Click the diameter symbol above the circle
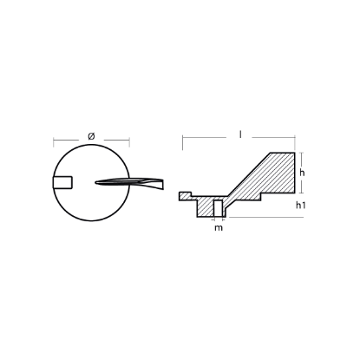92,135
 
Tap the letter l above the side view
239,135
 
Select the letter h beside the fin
302,173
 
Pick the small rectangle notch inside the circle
63,181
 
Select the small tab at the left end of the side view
183,193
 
